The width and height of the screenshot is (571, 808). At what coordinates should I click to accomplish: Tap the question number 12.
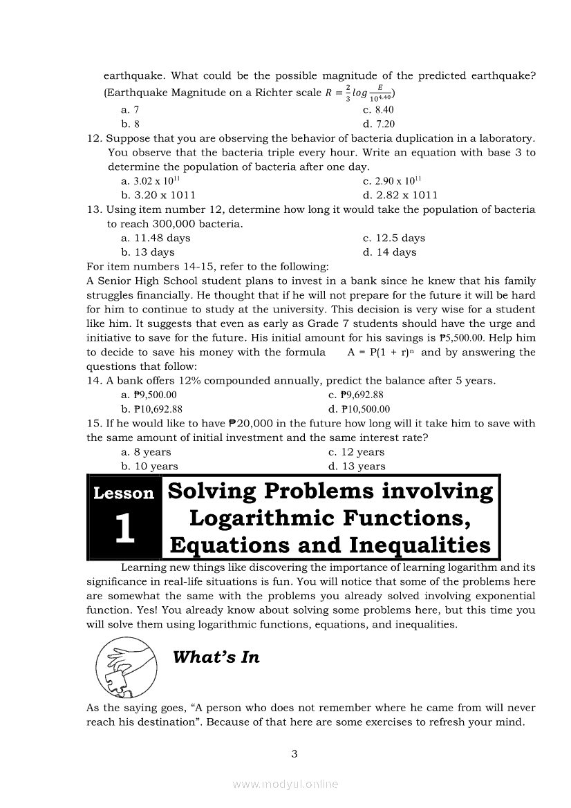95,138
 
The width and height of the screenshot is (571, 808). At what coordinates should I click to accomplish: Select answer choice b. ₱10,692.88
151,409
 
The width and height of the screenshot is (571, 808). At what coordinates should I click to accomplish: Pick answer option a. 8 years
146,452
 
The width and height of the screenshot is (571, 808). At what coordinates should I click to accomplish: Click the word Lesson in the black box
124,494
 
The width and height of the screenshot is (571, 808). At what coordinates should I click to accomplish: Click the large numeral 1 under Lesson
124,529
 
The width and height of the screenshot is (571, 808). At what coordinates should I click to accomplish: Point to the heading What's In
216,657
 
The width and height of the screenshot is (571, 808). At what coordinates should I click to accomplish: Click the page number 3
294,754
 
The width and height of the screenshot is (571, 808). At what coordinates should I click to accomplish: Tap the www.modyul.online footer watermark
285,784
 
